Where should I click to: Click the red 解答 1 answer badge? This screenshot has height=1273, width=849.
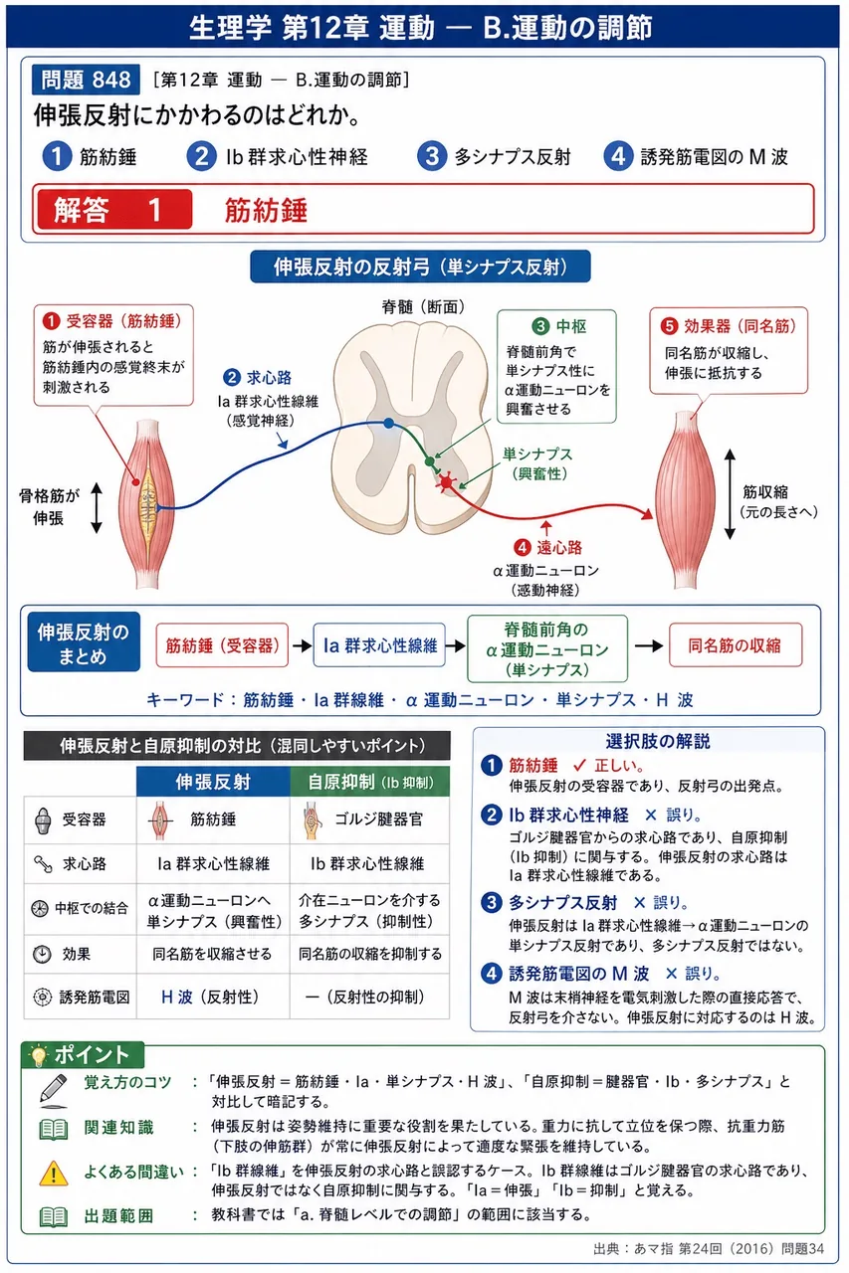coord(112,209)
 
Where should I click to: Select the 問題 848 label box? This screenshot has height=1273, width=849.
coord(86,79)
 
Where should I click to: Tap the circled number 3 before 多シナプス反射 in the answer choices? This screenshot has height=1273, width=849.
coord(432,156)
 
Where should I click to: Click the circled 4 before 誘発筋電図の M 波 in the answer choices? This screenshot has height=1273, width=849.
coord(618,156)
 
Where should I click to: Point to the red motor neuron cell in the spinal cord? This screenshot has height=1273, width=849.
coord(446,482)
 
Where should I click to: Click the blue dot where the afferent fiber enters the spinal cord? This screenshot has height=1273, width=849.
coord(388,423)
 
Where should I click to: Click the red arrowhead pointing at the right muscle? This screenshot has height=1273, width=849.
coord(646,514)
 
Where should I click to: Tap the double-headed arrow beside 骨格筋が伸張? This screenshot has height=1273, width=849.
coord(97,508)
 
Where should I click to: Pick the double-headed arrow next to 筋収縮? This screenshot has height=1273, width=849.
coord(731,494)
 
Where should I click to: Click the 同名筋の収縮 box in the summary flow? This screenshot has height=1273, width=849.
coord(736,645)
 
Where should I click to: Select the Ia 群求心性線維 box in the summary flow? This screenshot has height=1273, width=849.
coord(379,645)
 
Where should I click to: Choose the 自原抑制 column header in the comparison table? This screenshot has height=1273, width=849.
coord(369,782)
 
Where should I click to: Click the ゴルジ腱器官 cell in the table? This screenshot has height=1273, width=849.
coord(369,819)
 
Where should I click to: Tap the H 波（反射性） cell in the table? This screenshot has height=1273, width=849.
coord(213,997)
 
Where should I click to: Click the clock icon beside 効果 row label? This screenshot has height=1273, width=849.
coord(42,954)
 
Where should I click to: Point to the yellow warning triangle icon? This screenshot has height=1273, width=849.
coord(54,1172)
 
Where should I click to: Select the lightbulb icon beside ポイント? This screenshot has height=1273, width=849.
coord(39,1055)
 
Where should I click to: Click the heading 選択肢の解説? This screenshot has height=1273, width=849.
coord(657,741)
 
